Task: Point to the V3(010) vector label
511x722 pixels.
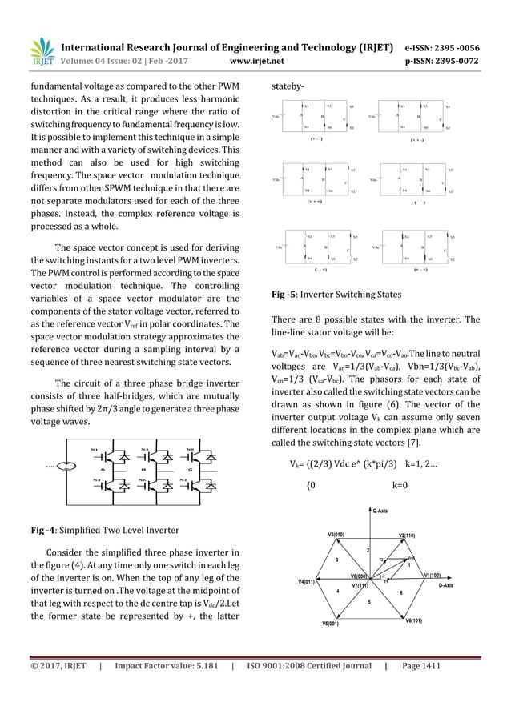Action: coord(336,534)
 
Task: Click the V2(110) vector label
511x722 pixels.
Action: coord(407,534)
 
